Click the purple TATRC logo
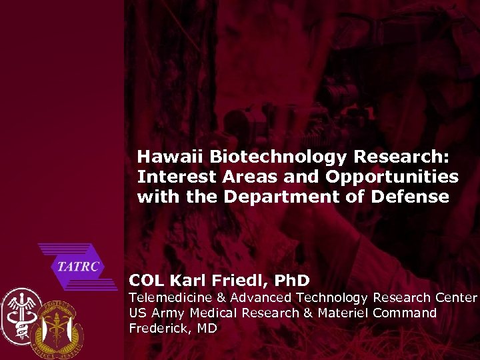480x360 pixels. click(x=77, y=267)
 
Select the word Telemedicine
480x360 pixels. click(x=171, y=297)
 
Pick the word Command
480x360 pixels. click(x=405, y=313)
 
